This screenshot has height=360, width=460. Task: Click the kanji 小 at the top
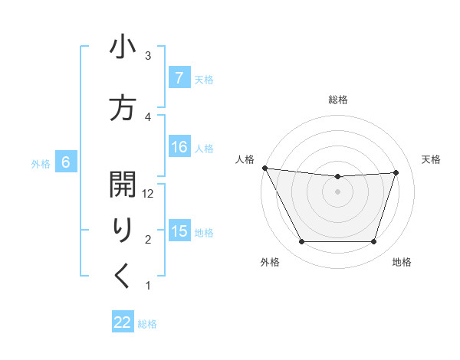coord(123,49)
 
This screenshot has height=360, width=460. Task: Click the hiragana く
coord(123,276)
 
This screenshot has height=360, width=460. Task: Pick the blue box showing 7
coord(179,78)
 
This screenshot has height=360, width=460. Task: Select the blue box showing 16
coord(179,147)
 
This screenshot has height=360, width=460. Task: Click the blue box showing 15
coord(179,231)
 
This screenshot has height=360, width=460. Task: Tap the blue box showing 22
coord(123,322)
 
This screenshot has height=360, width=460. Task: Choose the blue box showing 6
coord(66,162)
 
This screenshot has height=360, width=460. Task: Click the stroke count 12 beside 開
coord(149,194)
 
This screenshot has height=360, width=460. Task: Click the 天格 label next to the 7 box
coord(204,79)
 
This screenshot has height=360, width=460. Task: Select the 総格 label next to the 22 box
coord(147,324)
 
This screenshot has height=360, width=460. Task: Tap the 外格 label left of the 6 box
coord(41,163)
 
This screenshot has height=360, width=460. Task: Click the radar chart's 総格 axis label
coord(337,100)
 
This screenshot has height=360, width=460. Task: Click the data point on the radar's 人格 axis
coord(264,168)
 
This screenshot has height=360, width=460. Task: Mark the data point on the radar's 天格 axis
coord(396,172)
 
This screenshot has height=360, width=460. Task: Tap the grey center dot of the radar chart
coord(337,191)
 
